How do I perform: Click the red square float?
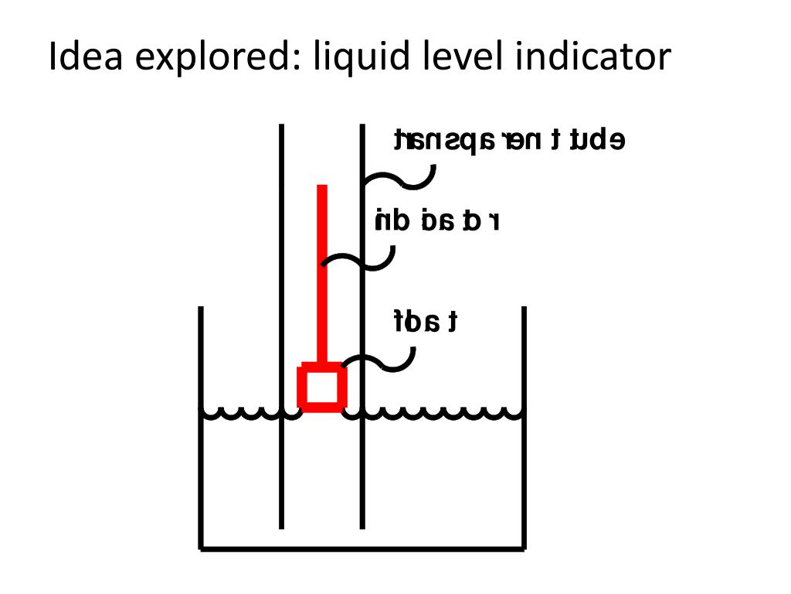pos(322,387)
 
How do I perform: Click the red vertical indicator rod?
pos(322,271)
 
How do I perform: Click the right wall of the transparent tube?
pos(362,464)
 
